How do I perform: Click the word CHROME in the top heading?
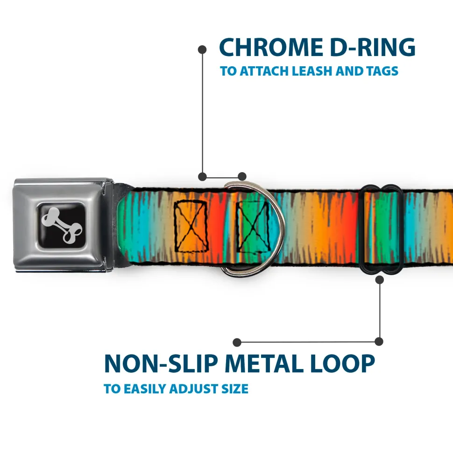coord(271,47)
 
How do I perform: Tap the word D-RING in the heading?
coord(373,47)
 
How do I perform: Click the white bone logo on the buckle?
coord(62,225)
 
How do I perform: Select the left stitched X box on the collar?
coord(191,226)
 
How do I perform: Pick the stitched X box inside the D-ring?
coord(254,227)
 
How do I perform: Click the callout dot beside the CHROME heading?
coord(202,50)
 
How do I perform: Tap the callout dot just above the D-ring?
coord(242,176)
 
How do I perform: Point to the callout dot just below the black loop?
coord(379,279)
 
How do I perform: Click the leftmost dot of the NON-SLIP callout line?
coord(237,342)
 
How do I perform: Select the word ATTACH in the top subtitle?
coord(264,71)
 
